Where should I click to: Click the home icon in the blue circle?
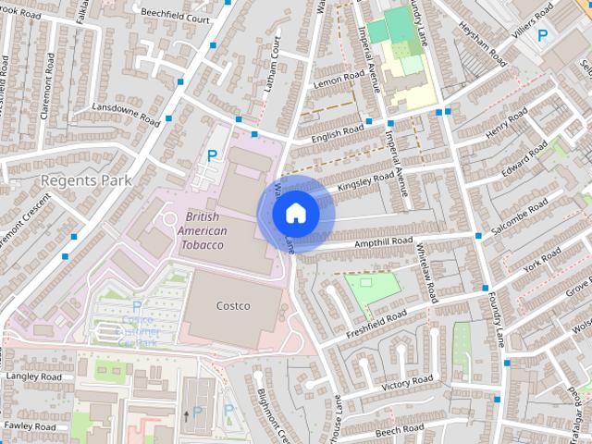pyautogui.click(x=295, y=214)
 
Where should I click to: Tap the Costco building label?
pyautogui.click(x=233, y=305)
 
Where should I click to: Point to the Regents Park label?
pyautogui.click(x=85, y=179)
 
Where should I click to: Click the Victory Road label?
pyautogui.click(x=408, y=381)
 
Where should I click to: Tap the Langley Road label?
pyautogui.click(x=33, y=377)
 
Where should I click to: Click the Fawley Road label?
pyautogui.click(x=31, y=425)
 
